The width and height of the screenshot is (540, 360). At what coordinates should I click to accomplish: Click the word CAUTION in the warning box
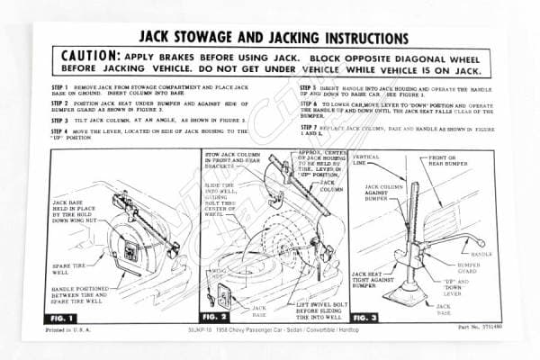pyautogui.click(x=88, y=56)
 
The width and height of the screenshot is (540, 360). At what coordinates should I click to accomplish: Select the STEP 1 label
pyautogui.click(x=65, y=88)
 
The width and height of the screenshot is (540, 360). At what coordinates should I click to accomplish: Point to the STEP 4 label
pyautogui.click(x=65, y=131)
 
